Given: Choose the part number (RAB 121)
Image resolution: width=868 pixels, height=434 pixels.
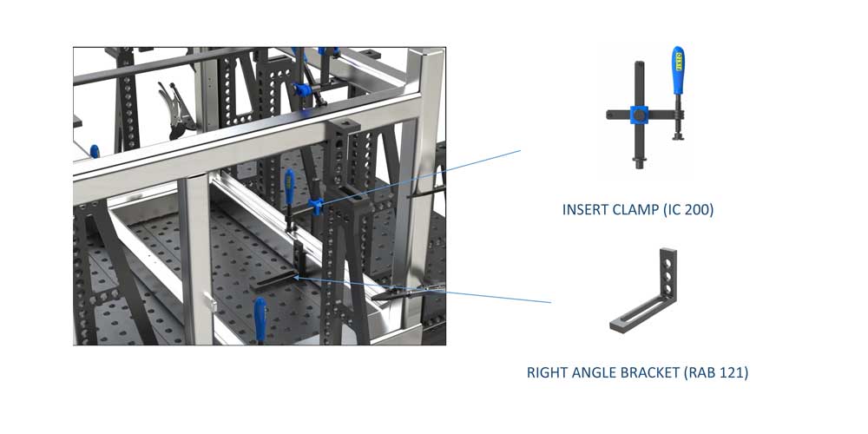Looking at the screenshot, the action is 716,372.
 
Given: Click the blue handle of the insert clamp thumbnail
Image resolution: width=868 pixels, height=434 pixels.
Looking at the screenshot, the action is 678,70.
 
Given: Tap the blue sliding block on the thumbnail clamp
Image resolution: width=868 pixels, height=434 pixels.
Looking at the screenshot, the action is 640,115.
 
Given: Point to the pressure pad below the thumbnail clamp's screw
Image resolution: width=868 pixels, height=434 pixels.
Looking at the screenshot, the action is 678,137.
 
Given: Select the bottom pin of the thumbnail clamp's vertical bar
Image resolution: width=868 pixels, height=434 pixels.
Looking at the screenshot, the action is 640,163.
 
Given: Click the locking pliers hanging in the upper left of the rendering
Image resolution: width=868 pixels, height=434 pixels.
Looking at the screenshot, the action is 177,109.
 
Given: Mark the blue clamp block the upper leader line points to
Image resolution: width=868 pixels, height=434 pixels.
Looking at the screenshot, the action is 316,207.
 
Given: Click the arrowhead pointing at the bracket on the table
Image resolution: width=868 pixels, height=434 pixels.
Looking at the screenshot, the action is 296,277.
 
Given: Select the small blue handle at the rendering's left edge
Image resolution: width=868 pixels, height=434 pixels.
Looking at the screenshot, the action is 95,151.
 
